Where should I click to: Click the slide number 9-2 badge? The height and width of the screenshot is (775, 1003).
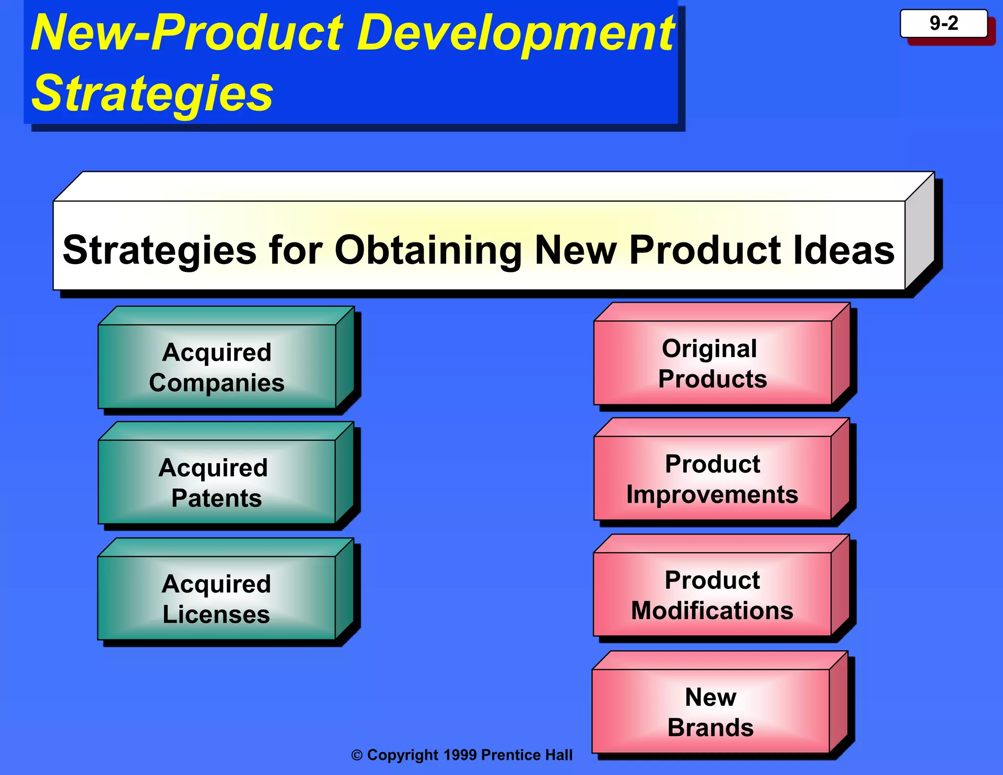[943, 24]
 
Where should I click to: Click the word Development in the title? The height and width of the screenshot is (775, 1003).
[516, 33]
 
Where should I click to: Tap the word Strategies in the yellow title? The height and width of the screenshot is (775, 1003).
[152, 93]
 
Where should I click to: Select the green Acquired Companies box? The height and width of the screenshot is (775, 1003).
[217, 366]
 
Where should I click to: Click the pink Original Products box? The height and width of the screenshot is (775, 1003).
[712, 363]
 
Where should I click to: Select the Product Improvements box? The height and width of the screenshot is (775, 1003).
[712, 478]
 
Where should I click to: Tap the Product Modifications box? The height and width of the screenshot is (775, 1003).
[712, 594]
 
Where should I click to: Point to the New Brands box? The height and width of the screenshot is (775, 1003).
[711, 711]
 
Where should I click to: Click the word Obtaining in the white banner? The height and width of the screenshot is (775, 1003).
[428, 250]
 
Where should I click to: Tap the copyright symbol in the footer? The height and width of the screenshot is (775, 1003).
[357, 755]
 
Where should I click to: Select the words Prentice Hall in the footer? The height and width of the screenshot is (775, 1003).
[527, 755]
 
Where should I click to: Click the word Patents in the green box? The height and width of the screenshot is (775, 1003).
[216, 498]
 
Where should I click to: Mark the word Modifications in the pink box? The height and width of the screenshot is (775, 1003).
[712, 610]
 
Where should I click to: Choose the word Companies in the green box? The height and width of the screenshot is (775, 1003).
[216, 383]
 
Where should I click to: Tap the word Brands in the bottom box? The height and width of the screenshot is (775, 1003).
[711, 727]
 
